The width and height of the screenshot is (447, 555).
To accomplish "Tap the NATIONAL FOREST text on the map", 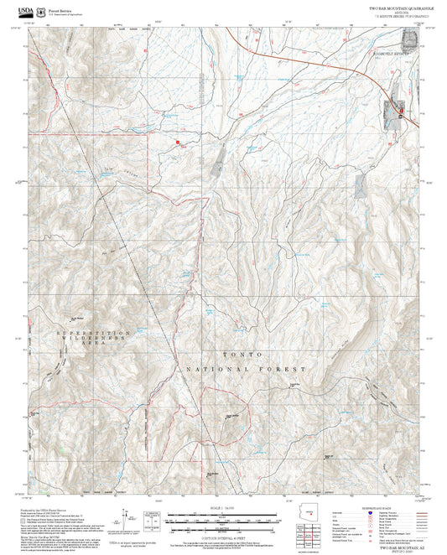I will pyautogui.click(x=241, y=369).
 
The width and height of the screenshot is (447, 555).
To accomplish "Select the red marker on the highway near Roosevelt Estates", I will pyautogui.click(x=401, y=112).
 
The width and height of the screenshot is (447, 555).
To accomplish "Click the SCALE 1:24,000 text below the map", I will pyautogui.click(x=224, y=507).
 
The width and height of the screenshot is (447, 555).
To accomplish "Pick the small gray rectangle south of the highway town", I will pyautogui.click(x=361, y=184).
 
